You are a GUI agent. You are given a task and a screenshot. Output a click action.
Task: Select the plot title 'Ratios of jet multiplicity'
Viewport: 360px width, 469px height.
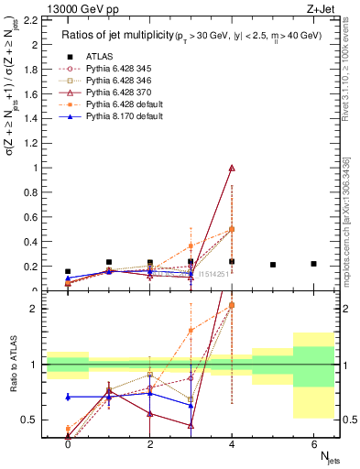[x=118, y=35]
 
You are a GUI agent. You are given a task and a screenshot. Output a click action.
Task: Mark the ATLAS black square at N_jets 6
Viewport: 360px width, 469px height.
[x=313, y=264]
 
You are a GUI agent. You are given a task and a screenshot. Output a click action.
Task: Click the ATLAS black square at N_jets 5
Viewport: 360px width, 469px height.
[x=273, y=265]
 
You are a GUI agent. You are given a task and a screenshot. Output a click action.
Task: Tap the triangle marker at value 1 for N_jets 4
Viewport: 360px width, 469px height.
[x=232, y=168]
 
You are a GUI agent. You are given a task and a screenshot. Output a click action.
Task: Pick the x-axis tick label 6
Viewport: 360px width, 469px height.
[x=313, y=443]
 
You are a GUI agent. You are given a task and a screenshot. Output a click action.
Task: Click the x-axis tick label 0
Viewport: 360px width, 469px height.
[x=68, y=443]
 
